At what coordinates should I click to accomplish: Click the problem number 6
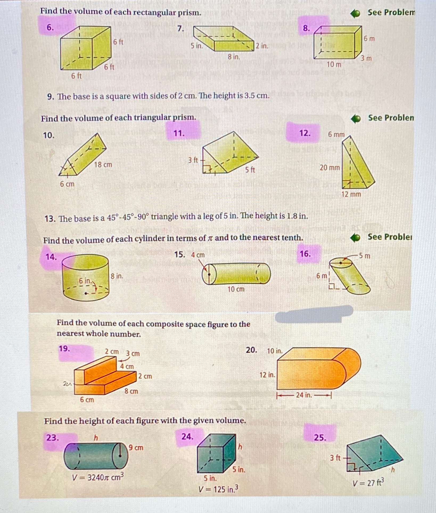click(x=50, y=27)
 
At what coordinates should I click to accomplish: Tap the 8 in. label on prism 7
click(x=234, y=57)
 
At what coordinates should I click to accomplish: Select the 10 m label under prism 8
click(x=334, y=64)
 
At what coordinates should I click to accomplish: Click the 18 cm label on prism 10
click(x=103, y=165)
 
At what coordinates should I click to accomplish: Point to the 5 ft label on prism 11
click(x=250, y=170)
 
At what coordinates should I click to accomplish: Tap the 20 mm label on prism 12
click(x=330, y=168)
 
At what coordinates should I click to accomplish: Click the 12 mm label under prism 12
click(x=351, y=194)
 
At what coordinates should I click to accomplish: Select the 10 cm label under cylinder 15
click(x=236, y=289)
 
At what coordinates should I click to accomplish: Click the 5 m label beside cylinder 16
click(x=364, y=256)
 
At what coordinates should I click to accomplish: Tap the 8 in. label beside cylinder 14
click(x=117, y=276)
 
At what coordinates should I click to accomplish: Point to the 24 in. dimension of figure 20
click(x=304, y=395)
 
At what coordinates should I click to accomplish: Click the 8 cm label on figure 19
click(x=131, y=391)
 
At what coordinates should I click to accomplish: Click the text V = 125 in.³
click(x=219, y=489)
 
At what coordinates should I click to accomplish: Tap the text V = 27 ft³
click(x=368, y=483)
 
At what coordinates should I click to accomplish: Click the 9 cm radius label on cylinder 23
click(x=136, y=448)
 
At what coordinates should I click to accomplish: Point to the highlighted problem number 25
click(x=320, y=437)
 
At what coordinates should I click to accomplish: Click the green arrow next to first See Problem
click(x=355, y=13)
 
